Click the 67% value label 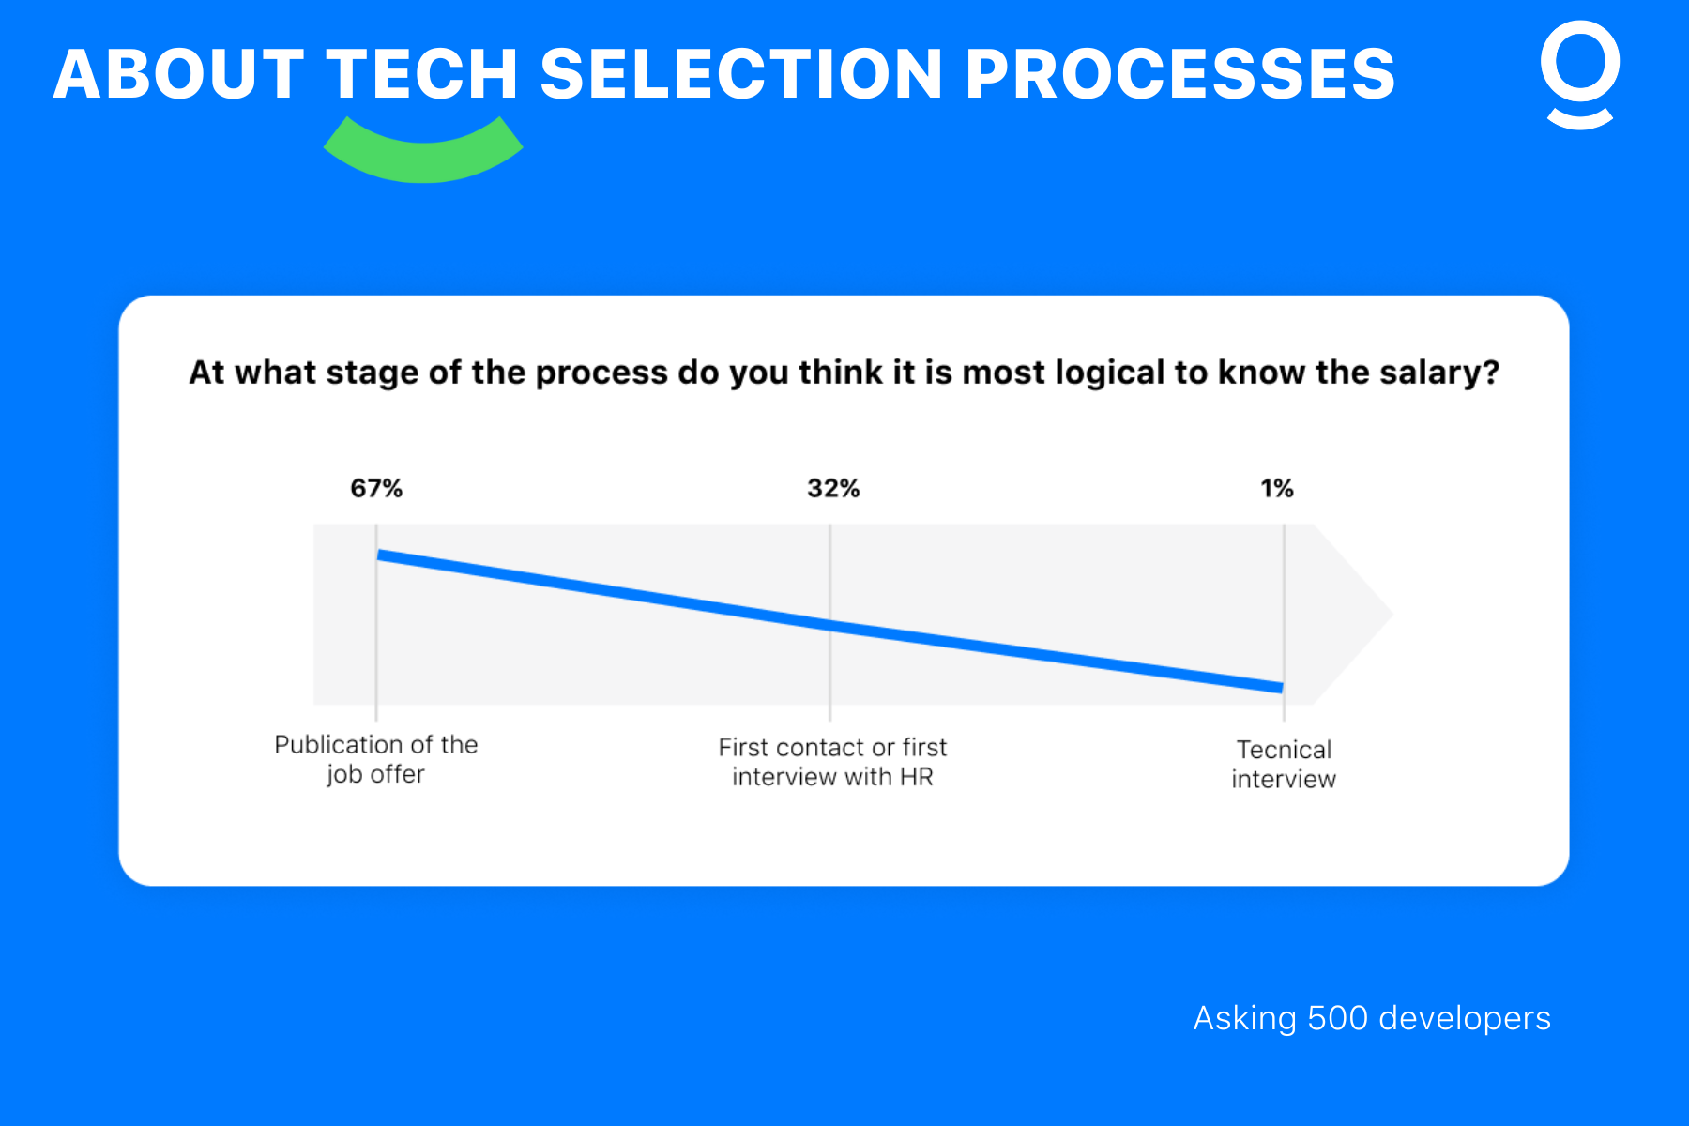click(x=376, y=488)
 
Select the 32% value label click(x=833, y=488)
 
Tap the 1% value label click(x=1276, y=488)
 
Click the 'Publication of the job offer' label click(x=376, y=759)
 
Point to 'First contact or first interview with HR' click(x=832, y=762)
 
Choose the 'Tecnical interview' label click(x=1284, y=764)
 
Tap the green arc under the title click(x=423, y=155)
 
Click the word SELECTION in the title click(x=741, y=75)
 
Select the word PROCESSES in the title click(x=1180, y=75)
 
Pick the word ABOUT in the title click(x=178, y=75)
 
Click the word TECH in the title click(x=422, y=75)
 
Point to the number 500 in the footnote click(x=1337, y=1018)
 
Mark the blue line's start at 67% click(x=378, y=555)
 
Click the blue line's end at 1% click(x=1282, y=688)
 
